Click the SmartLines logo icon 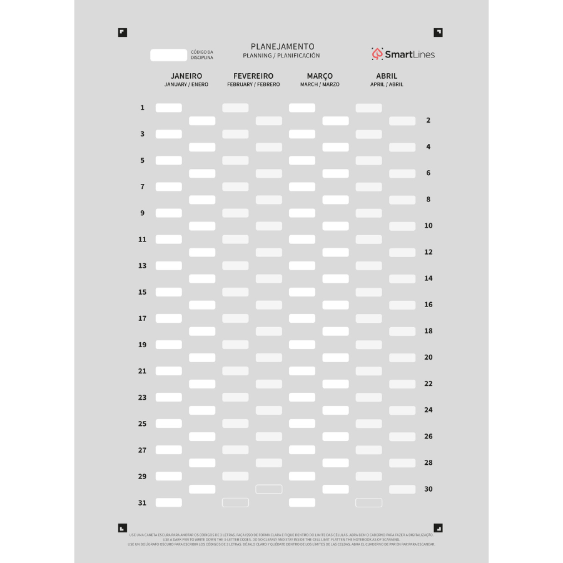tap(377, 54)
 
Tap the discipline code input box tap(169, 55)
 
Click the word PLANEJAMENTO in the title tap(282, 46)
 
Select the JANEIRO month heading tap(186, 76)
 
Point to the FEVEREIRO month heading tap(253, 76)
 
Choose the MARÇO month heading tap(320, 76)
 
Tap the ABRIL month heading tap(387, 76)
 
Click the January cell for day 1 tap(169, 108)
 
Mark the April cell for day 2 tap(402, 121)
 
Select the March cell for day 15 tap(302, 292)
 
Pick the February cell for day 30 tap(269, 489)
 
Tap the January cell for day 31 tap(169, 502)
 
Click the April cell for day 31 tap(369, 502)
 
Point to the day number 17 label tap(142, 318)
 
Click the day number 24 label tap(429, 410)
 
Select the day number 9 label tap(142, 213)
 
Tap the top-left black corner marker tap(123, 33)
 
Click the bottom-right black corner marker tap(439, 528)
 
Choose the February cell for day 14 tap(269, 279)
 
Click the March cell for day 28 tap(336, 463)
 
